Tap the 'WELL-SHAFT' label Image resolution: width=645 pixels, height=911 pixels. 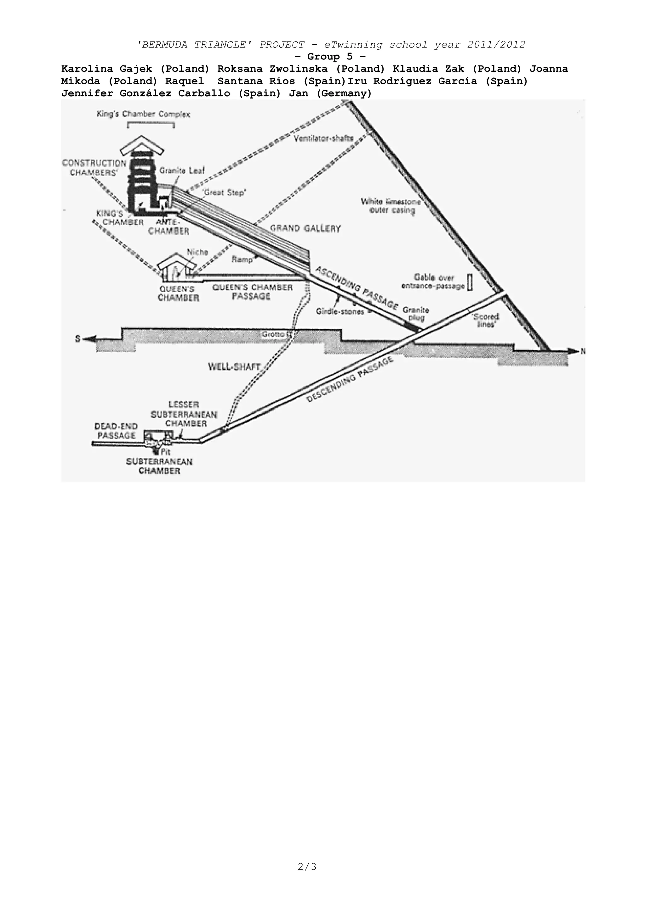tap(234, 366)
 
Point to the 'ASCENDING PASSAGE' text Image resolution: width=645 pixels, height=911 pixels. tap(356, 288)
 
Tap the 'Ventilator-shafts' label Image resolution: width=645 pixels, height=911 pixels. tap(324, 138)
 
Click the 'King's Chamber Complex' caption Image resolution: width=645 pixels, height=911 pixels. tap(143, 115)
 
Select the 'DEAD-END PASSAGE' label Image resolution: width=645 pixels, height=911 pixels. tap(116, 431)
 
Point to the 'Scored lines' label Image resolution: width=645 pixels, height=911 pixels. tap(486, 320)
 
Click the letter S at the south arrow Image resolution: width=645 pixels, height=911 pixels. tap(78, 339)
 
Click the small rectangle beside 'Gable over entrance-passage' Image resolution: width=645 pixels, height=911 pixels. tap(470, 282)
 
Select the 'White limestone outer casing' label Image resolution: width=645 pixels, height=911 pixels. tap(391, 205)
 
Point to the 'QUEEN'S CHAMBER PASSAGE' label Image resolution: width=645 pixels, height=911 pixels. tap(253, 292)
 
